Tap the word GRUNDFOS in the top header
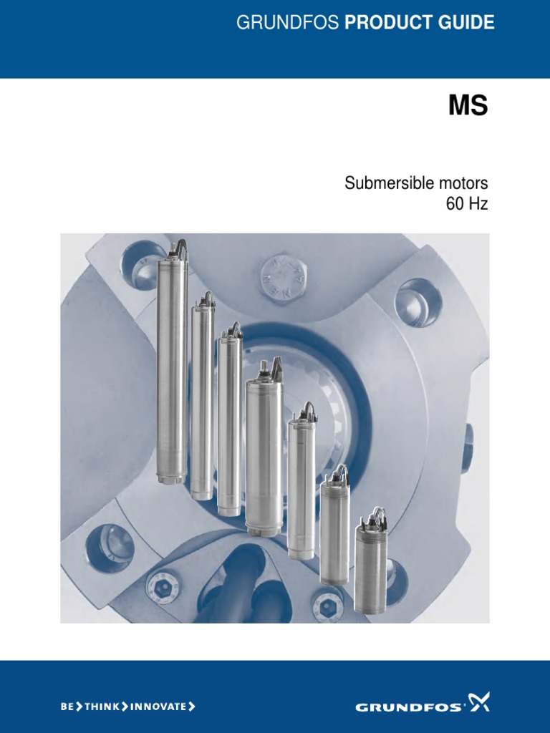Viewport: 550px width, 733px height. tap(288, 22)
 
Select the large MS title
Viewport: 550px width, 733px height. tap(468, 106)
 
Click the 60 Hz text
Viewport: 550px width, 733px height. tap(467, 204)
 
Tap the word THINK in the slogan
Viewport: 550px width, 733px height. tap(102, 707)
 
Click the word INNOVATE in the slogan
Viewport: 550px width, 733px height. tap(158, 707)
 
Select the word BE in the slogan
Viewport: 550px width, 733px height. tap(67, 707)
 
